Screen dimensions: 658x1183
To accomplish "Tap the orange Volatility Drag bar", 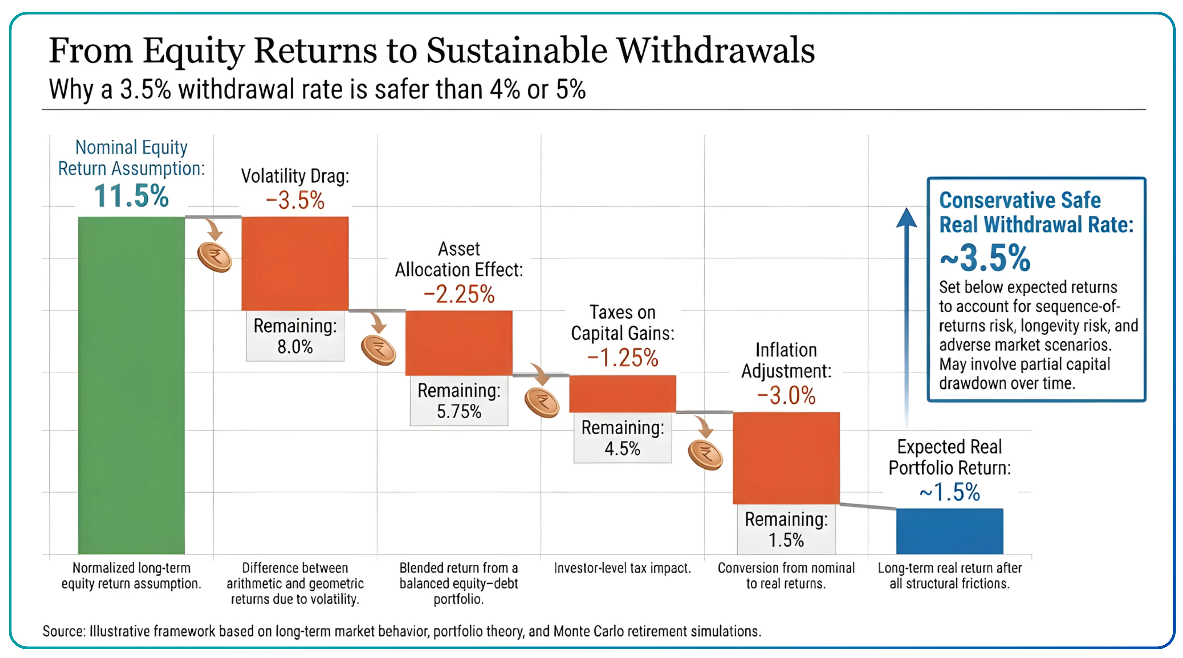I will [295, 263].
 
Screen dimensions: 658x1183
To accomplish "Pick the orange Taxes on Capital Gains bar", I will [622, 393].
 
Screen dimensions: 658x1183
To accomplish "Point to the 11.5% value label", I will [131, 196].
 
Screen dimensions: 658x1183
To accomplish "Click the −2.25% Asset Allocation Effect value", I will [459, 295].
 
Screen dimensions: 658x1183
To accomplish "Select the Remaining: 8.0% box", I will [295, 336].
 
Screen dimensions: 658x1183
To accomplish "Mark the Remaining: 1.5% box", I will [786, 529].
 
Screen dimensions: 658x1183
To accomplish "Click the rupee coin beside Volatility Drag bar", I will [214, 258].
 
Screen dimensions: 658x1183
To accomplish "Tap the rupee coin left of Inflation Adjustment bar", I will [705, 455].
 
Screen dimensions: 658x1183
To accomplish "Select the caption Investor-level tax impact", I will [622, 568].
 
